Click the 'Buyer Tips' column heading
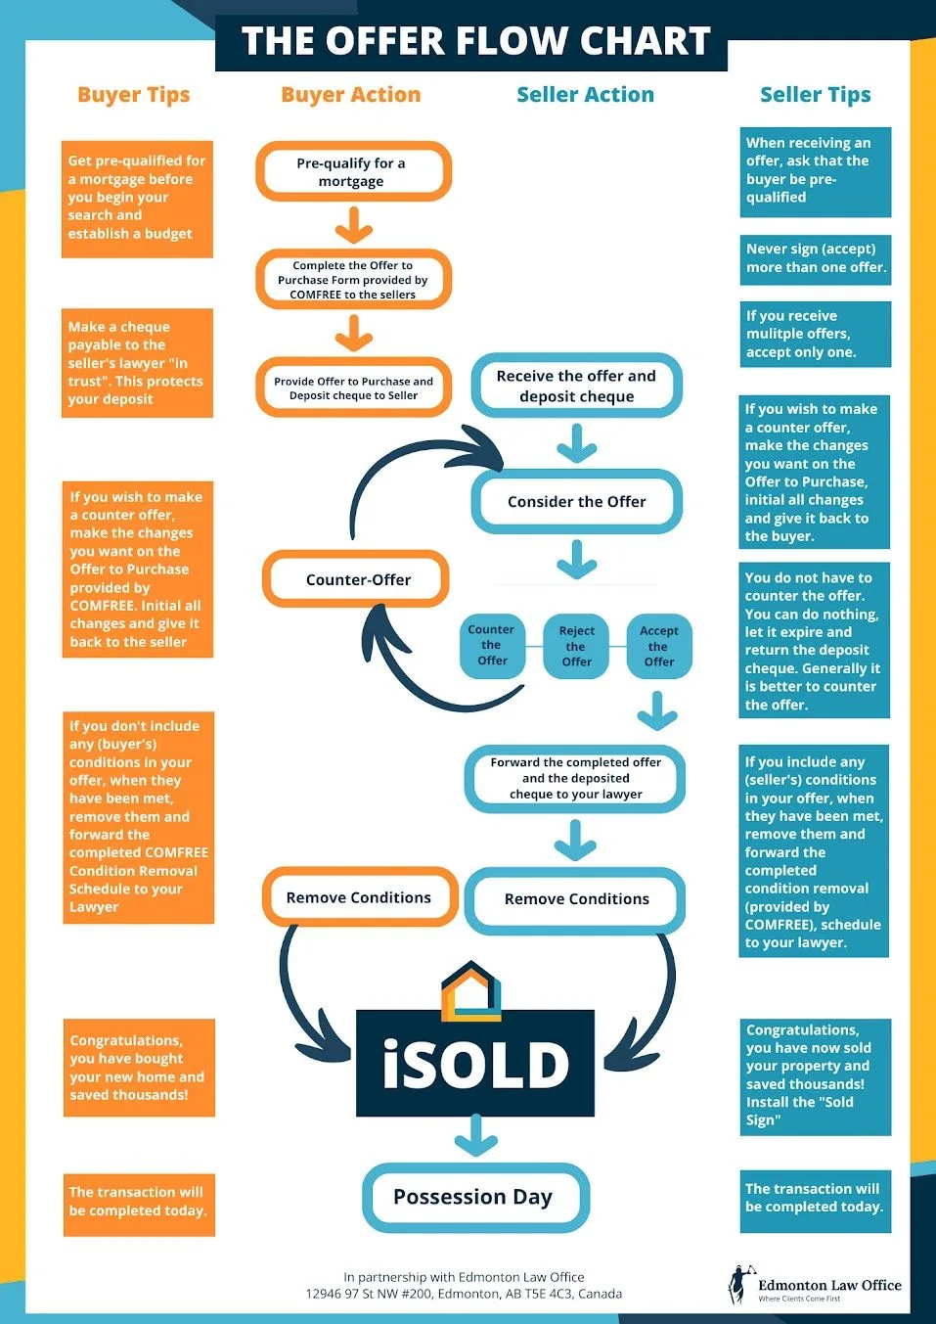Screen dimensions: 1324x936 (x=133, y=95)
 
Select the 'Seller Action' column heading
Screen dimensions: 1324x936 (x=585, y=95)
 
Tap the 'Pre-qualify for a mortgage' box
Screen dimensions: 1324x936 (x=353, y=172)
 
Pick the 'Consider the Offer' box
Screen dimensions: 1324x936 (x=576, y=502)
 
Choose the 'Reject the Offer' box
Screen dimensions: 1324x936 (x=576, y=647)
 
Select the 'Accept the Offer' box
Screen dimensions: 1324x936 (x=658, y=647)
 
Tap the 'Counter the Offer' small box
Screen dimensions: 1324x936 (x=492, y=646)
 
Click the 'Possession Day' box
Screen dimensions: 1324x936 (x=474, y=1197)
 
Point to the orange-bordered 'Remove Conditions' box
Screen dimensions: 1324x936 (x=359, y=897)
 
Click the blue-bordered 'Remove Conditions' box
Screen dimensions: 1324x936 (x=576, y=899)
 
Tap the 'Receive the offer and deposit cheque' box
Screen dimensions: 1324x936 (x=576, y=387)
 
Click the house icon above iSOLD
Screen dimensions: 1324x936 (x=470, y=990)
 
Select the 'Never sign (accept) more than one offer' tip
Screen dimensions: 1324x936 (x=816, y=258)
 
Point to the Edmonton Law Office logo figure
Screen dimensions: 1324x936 (x=738, y=1285)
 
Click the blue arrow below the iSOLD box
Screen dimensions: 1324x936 (x=475, y=1136)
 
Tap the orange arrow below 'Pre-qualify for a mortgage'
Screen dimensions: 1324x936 (x=353, y=226)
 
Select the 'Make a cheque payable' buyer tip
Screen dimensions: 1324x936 (x=137, y=363)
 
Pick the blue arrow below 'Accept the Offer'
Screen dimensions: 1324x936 (x=657, y=710)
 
